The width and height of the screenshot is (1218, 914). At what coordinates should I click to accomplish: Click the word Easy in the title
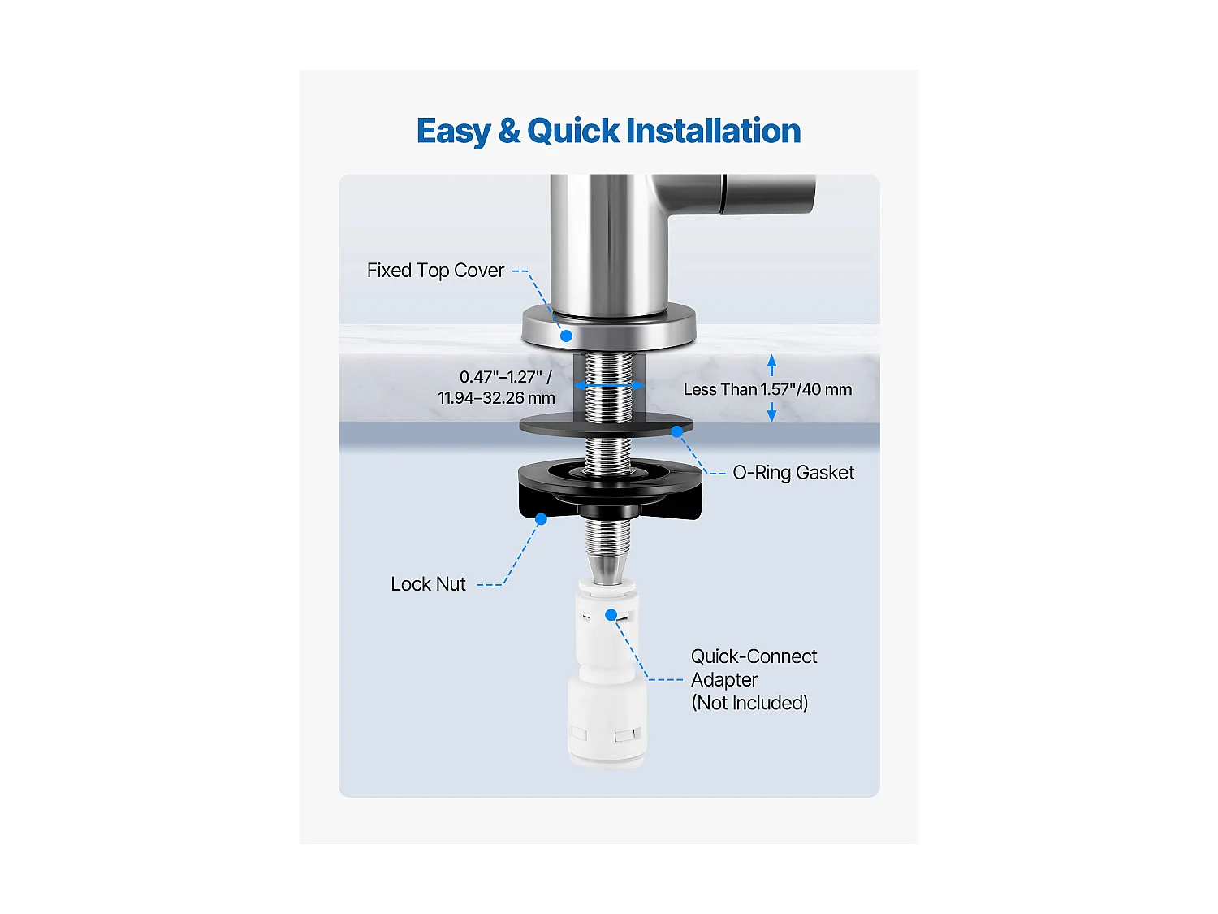click(x=453, y=132)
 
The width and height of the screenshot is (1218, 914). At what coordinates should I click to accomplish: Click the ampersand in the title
click(x=509, y=131)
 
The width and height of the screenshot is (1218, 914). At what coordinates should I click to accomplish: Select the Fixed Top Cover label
click(x=435, y=271)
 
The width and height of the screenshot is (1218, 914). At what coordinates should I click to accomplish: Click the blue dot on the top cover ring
click(x=566, y=335)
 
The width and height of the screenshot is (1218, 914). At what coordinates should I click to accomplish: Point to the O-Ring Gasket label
click(x=793, y=473)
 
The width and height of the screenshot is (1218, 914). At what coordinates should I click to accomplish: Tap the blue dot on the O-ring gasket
click(x=676, y=431)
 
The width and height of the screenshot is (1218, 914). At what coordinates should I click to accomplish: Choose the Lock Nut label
click(x=428, y=584)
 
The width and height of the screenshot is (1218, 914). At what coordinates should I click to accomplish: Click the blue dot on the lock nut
click(x=541, y=518)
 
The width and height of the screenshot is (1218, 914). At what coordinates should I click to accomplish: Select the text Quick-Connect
click(x=754, y=656)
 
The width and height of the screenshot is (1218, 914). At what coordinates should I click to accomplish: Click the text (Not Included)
click(x=749, y=703)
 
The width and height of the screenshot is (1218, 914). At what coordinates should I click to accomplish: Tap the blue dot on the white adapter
click(x=611, y=615)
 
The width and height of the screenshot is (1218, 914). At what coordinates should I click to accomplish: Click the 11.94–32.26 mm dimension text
click(x=496, y=398)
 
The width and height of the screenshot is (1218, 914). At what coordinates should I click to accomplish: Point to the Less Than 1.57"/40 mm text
click(x=767, y=390)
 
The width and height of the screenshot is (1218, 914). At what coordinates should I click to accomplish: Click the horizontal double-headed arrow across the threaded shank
click(x=609, y=385)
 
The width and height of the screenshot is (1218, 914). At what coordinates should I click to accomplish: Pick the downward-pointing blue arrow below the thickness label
click(x=771, y=413)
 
